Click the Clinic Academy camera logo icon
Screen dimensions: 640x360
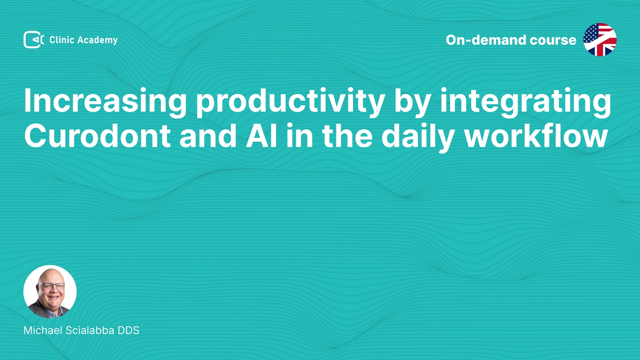[x=34, y=40]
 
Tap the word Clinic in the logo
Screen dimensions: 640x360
[x=62, y=40]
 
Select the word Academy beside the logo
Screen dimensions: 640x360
[x=98, y=40]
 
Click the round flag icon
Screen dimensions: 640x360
[x=600, y=40]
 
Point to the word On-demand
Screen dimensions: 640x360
[x=486, y=40]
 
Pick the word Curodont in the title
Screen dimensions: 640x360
[x=97, y=136]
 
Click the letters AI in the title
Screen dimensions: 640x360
[x=262, y=136]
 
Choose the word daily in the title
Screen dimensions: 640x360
[x=418, y=137]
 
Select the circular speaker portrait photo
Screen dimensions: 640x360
[x=50, y=292]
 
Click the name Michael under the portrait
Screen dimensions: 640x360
[x=43, y=330]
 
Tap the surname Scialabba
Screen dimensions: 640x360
[x=90, y=330]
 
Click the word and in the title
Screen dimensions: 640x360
[x=208, y=136]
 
